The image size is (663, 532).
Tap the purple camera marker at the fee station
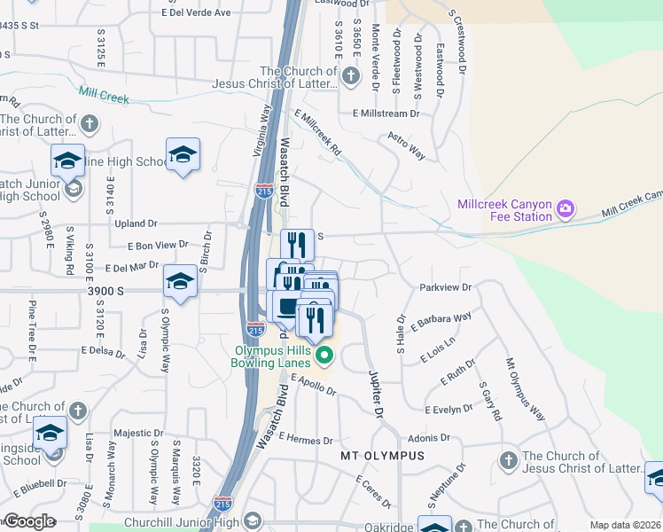(565, 210)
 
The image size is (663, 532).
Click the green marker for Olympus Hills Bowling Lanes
(324, 356)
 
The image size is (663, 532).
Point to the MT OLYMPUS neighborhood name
(382, 456)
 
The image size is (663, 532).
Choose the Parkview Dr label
(446, 287)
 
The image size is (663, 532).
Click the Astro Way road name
(407, 146)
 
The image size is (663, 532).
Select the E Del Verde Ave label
(196, 12)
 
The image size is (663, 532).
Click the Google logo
(29, 521)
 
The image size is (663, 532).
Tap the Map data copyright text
(626, 525)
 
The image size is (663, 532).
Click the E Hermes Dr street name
(305, 440)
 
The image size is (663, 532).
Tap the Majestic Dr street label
(138, 433)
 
